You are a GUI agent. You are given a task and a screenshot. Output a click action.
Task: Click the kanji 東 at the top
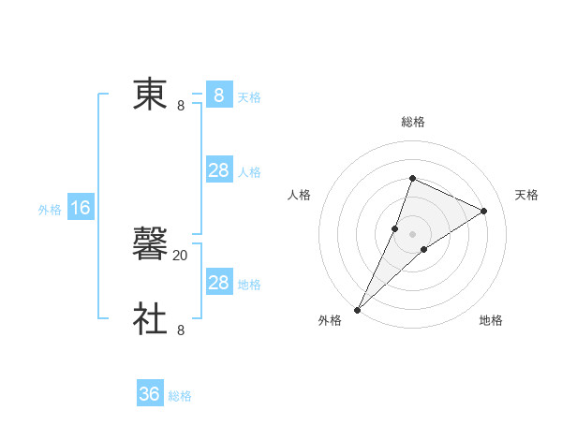coord(151,95)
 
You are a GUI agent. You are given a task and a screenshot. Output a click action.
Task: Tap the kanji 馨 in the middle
coord(151,245)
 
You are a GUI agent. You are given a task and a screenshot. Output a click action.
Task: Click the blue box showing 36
coord(150,394)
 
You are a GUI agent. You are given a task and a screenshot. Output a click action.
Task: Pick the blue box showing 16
coord(81,208)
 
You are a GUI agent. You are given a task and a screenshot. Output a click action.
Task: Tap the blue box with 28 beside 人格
coord(219,170)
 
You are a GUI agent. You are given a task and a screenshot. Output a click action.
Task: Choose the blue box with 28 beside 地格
coord(219,283)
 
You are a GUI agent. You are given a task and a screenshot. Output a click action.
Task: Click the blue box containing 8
coord(219,95)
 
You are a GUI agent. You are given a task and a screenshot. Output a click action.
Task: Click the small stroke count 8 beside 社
coord(181,330)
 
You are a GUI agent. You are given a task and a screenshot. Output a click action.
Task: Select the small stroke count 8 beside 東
coord(181,106)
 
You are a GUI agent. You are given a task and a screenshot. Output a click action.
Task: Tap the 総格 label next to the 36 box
coord(180,396)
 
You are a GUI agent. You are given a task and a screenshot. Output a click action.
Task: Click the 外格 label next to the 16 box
coord(50,210)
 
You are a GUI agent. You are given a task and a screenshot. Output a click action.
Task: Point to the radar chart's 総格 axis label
coord(412,122)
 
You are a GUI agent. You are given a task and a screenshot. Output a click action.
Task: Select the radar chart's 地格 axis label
coord(491,321)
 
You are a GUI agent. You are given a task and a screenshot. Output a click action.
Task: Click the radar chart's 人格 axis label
coord(299,195)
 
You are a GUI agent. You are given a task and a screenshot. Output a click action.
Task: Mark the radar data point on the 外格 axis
coord(357,310)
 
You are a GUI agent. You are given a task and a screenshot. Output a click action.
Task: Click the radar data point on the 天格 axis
coord(483,211)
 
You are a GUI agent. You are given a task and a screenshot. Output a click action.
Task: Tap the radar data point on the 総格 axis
coord(412,178)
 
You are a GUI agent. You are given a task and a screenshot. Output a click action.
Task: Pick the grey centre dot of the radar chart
coord(412,234)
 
